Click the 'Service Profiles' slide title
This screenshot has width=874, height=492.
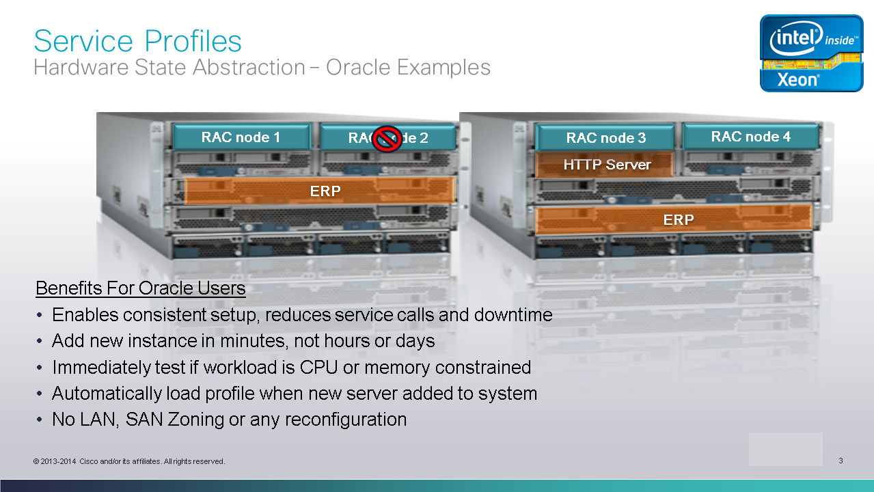tap(138, 41)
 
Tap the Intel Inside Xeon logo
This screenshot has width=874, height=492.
tap(812, 53)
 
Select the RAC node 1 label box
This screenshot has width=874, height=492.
tap(241, 137)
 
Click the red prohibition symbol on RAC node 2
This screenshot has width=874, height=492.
tap(387, 139)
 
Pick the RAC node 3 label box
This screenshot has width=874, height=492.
tap(605, 138)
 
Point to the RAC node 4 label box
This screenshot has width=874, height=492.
tap(751, 137)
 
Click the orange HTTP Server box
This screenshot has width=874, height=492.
tap(605, 165)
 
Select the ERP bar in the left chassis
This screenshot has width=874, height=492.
tap(320, 191)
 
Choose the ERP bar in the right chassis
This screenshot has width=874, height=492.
tap(674, 219)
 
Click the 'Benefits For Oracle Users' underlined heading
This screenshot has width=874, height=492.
tap(141, 288)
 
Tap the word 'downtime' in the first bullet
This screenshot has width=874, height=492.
tap(513, 315)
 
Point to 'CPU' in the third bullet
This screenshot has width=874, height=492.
tap(318, 367)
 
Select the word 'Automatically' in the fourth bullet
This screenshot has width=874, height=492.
tap(107, 394)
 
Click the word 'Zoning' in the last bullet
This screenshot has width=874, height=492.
tap(195, 420)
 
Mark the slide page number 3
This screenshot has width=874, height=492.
tap(841, 461)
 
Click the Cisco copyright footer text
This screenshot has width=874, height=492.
tap(129, 461)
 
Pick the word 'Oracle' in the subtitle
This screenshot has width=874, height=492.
tap(358, 67)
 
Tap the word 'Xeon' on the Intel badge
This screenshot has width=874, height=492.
tap(798, 80)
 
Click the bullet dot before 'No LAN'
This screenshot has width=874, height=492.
tap(39, 420)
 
